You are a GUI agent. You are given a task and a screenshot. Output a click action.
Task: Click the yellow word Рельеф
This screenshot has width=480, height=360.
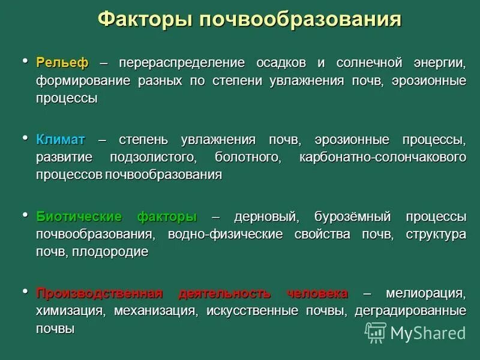62,62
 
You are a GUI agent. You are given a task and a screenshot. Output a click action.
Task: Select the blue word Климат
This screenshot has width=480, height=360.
61,140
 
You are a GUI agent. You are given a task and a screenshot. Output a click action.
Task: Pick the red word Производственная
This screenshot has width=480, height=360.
100,293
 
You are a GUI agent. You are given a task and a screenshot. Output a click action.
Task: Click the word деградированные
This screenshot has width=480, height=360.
410,311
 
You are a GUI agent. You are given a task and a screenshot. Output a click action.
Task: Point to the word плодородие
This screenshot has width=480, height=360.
110,252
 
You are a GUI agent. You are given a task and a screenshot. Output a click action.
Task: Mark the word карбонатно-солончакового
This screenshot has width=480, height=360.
382,157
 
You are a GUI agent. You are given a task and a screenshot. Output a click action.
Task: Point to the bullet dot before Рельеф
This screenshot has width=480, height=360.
25,61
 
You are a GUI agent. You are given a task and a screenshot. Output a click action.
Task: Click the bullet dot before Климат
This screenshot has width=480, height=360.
25,138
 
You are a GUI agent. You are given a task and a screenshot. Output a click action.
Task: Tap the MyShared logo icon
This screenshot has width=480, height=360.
376,332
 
